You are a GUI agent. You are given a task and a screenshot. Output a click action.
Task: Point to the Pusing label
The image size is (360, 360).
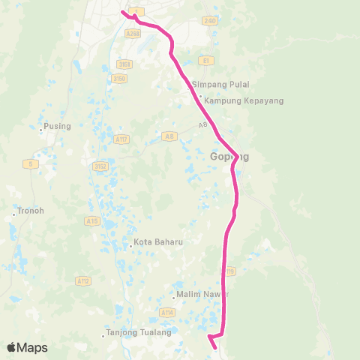coord(57,126)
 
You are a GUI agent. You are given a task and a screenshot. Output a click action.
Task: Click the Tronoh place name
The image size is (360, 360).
coord(30,211)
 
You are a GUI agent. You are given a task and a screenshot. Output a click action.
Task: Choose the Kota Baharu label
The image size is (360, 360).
coord(157,242)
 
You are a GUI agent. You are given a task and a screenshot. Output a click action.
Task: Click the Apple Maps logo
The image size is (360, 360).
coord(27,347)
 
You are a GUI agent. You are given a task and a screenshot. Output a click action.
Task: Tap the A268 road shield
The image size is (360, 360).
coord(133,34)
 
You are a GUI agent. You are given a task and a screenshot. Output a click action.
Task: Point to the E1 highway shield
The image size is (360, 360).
coord(204,59)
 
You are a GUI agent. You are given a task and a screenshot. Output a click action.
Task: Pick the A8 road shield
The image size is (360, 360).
coord(169,136)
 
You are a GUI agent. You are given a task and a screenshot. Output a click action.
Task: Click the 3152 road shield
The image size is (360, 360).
coord(99,166)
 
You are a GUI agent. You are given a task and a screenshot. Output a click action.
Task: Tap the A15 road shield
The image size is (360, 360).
coord(93,221)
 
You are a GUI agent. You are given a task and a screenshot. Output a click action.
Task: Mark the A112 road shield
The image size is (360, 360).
coord(85,280)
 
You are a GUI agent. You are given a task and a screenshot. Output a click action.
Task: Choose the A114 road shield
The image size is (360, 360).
coord(166,312)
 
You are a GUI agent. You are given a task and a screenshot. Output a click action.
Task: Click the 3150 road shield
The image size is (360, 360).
coord(118,77)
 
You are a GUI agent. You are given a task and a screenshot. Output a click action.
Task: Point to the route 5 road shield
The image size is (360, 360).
coord(30,163)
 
